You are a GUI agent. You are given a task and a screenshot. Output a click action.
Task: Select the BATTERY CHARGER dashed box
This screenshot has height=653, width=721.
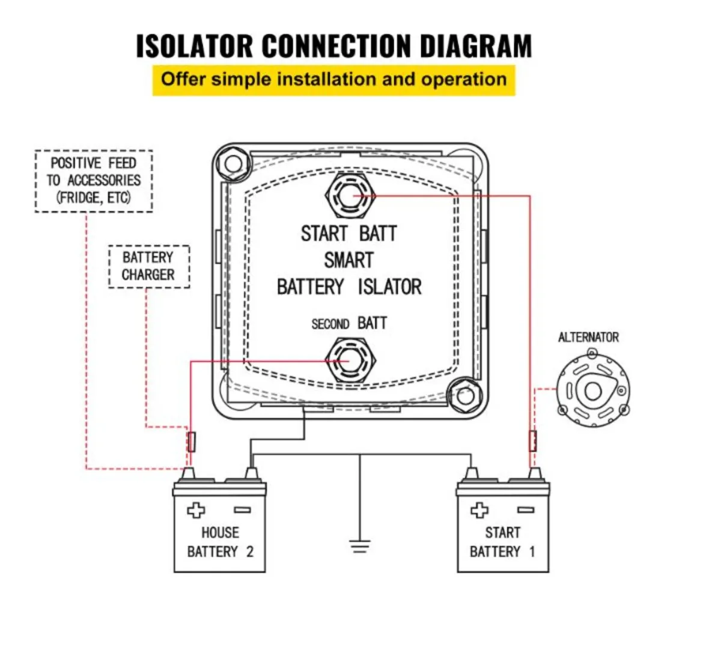(x=149, y=267)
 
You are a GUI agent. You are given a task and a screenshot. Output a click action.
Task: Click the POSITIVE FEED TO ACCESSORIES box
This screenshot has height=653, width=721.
(x=94, y=181)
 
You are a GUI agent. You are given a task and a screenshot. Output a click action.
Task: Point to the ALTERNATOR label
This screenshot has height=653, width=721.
(x=588, y=338)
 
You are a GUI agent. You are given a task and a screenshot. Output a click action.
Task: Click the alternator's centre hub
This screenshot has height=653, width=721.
(x=592, y=391)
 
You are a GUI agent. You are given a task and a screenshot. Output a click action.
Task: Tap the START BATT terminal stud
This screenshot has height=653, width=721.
(x=350, y=196)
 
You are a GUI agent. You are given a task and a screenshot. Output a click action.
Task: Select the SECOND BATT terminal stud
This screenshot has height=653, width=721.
(x=350, y=361)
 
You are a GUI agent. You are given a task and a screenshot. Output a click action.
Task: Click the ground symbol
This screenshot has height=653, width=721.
(x=359, y=547)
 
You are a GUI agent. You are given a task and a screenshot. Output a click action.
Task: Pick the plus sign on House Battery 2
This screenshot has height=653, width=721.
(x=196, y=511)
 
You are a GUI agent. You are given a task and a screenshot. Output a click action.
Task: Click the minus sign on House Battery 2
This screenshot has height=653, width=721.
(x=243, y=510)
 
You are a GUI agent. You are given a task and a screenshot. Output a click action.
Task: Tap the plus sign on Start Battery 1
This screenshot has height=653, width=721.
(x=479, y=511)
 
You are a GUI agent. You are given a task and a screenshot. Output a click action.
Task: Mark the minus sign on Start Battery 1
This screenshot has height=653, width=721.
(x=526, y=510)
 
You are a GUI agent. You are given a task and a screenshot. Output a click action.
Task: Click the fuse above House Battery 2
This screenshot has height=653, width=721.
(x=192, y=442)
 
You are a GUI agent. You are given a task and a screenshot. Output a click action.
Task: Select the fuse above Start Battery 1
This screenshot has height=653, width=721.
(x=533, y=441)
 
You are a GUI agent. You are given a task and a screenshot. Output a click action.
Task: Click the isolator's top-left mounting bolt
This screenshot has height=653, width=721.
(x=233, y=164)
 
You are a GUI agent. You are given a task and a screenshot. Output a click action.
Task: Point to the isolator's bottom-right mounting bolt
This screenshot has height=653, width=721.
(x=466, y=396)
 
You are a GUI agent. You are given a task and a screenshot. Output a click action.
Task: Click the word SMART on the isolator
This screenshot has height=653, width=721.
(x=349, y=260)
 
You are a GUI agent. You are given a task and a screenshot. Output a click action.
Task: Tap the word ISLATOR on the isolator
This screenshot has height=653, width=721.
(x=389, y=287)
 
